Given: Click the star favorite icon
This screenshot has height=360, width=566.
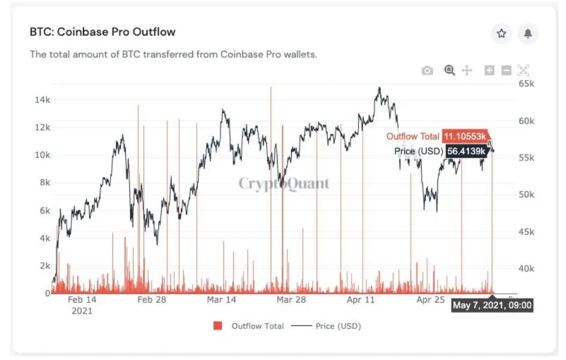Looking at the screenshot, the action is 502,33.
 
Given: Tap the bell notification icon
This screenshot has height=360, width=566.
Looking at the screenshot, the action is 528,34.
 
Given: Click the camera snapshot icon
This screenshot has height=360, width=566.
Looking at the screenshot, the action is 427,71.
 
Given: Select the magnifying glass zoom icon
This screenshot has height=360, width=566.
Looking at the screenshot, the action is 450,71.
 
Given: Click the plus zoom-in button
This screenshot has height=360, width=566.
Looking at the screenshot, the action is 489,71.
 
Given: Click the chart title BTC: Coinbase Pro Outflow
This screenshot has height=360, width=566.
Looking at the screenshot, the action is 103,32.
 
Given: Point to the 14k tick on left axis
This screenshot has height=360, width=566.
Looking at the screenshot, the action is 43,100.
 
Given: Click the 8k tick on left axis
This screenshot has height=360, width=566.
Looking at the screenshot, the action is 45,182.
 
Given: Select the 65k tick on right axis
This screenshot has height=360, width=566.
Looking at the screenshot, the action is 527,84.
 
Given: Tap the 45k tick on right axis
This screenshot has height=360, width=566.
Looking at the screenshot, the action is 527,231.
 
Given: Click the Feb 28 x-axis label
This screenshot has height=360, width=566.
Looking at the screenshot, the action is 152,300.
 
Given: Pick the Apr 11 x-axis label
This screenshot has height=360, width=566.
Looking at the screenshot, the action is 361,300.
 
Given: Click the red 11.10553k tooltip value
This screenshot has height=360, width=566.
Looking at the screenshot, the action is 465,136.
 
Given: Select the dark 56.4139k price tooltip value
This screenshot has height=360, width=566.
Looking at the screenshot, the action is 467,151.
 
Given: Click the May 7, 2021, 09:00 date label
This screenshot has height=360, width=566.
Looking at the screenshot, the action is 492,305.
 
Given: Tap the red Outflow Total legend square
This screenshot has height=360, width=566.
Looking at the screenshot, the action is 217,326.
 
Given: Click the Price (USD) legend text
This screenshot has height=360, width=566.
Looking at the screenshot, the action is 338,326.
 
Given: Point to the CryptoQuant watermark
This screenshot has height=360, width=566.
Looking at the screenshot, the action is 284,184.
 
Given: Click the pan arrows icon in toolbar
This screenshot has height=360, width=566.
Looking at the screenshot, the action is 467,71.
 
